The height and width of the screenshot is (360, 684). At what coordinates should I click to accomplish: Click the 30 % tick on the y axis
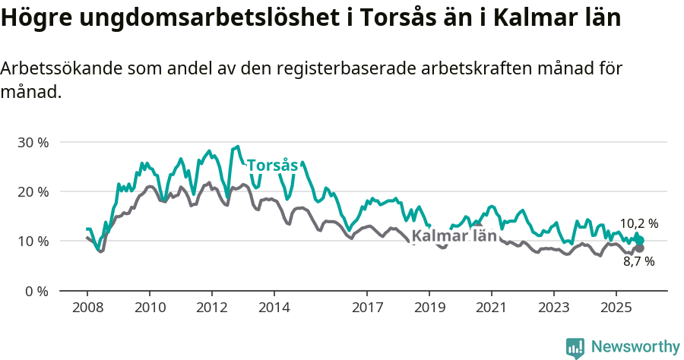32,142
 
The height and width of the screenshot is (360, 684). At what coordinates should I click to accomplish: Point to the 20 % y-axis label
32,191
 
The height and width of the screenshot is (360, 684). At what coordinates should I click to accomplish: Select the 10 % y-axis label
32,241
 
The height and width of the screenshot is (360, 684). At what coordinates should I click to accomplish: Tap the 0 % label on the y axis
36,291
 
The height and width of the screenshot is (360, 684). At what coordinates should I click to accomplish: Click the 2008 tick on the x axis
87,308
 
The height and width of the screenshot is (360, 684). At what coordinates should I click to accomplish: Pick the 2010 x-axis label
150,308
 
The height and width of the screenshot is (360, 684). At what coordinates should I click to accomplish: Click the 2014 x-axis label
274,308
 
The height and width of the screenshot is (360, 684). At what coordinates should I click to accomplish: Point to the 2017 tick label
367,308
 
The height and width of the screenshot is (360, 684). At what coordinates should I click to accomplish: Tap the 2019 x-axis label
429,308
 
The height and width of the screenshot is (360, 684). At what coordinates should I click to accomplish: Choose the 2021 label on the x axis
492,308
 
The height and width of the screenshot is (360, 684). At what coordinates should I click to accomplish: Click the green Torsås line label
272,166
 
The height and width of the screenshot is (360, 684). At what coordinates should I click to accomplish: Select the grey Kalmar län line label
454,235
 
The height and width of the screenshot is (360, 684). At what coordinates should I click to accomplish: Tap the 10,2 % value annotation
638,223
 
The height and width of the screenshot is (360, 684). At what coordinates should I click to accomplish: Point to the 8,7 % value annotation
638,261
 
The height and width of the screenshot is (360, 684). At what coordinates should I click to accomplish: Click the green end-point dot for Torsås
640,240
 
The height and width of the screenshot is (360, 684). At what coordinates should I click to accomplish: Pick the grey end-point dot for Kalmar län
640,248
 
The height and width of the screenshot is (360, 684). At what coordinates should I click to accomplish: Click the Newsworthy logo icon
575,347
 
